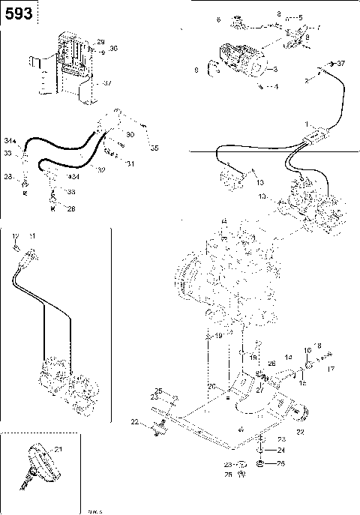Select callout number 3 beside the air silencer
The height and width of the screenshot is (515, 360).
coord(275,70)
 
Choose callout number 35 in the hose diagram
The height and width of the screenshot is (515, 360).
coord(155,148)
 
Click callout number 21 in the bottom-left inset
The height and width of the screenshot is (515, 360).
coord(58,448)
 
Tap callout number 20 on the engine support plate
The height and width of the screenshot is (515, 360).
coord(211,386)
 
